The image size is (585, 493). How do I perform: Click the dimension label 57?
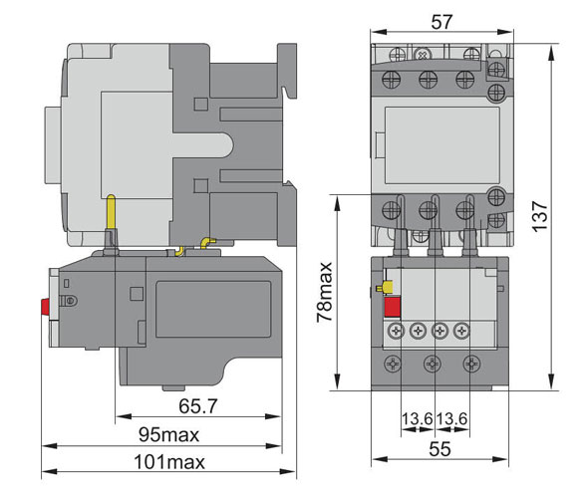click(441, 22)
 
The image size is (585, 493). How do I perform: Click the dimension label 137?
click(540, 217)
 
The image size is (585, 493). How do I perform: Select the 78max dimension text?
click(324, 292)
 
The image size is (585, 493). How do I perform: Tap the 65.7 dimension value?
click(197, 406)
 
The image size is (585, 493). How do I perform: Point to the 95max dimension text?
click(168, 434)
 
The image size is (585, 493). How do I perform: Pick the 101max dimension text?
click(169, 462)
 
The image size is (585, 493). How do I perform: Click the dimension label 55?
click(439, 449)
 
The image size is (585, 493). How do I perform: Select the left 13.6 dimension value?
click(417, 418)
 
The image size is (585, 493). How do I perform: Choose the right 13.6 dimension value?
click(451, 418)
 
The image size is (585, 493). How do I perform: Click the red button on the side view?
click(46, 308)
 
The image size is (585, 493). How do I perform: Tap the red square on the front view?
click(393, 308)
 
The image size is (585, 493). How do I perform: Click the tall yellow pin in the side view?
click(112, 212)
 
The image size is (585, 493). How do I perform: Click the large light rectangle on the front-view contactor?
click(442, 145)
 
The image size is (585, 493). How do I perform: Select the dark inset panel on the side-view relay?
click(213, 309)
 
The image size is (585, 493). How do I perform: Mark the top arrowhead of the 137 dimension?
click(552, 52)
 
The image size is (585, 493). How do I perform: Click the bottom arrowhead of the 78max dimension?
click(337, 383)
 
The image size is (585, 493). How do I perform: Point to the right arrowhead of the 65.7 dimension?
click(273, 416)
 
